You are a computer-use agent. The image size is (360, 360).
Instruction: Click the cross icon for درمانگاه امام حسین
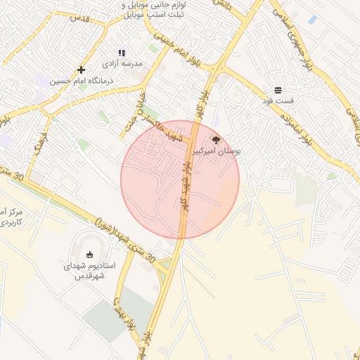pos(82,70)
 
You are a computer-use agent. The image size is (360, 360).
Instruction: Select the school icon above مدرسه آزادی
pos(122,53)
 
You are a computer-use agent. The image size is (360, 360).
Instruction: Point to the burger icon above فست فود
pos(278,90)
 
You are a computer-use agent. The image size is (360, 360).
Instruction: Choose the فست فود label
pos(278,101)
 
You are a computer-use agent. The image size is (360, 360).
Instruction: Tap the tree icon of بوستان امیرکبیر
pos(216,140)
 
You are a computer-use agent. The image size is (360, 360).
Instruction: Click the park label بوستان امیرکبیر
pos(218,151)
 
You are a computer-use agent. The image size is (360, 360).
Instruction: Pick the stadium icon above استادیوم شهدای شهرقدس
pos(89,255)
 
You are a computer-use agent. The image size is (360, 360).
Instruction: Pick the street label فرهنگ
pos(40,141)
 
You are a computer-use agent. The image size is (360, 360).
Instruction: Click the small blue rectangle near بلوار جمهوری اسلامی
pos(311,20)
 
